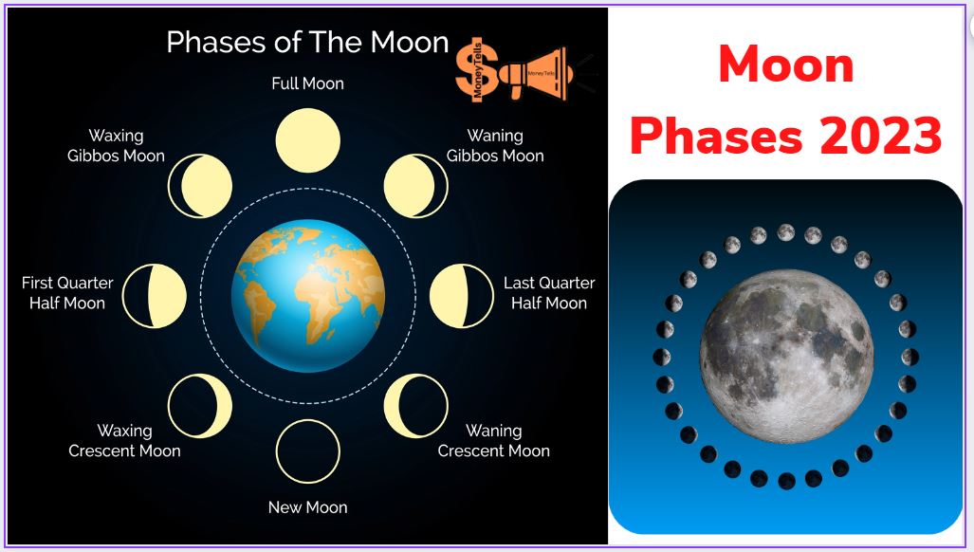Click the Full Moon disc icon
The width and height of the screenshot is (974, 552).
pos(308,140)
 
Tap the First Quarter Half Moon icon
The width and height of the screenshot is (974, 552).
pos(155,296)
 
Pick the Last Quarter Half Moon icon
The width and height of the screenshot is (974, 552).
pos(462,296)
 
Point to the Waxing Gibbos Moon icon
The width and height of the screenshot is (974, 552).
pos(200,186)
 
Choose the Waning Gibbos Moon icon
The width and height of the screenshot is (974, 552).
pos(415,186)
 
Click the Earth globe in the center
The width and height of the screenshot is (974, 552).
pos(308,296)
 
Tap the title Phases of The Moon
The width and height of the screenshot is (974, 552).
pos(307,43)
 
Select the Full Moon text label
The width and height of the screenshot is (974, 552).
pos(307,83)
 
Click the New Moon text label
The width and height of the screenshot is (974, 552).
pos(307,507)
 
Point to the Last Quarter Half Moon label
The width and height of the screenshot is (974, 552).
pos(549,293)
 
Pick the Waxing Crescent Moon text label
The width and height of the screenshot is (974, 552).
pos(124,441)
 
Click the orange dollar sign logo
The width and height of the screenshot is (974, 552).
pos(477,69)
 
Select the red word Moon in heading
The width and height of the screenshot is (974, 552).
pos(786,64)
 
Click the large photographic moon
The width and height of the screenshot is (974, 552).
pos(786,357)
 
